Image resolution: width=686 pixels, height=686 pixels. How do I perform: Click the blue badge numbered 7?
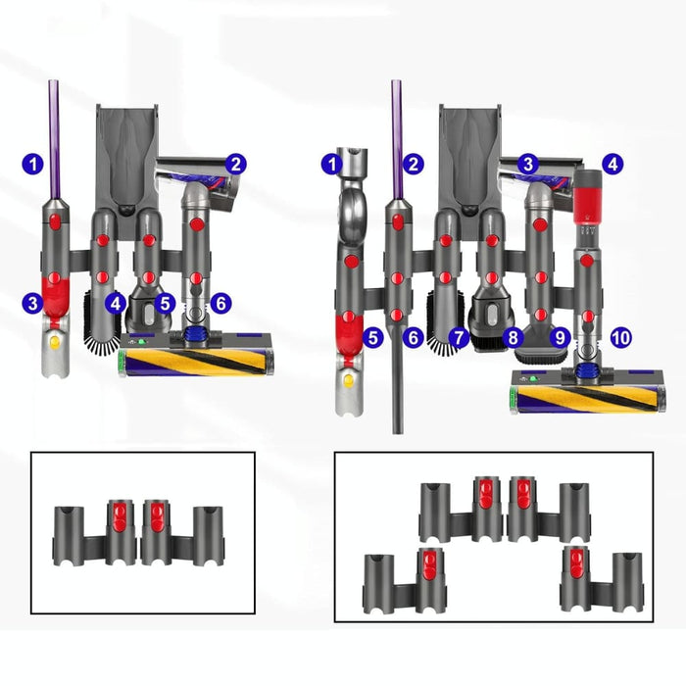[458, 337]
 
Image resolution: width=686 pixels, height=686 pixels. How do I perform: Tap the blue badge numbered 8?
[512, 337]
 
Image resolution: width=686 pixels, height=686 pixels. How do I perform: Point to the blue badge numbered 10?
[620, 337]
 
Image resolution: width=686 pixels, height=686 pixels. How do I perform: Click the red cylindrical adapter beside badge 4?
[587, 195]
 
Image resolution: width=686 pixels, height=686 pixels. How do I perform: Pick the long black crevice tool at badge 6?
[398, 382]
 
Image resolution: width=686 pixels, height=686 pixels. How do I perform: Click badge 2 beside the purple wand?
[415, 165]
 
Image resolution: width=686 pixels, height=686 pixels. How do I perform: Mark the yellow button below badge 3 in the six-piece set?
[53, 342]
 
